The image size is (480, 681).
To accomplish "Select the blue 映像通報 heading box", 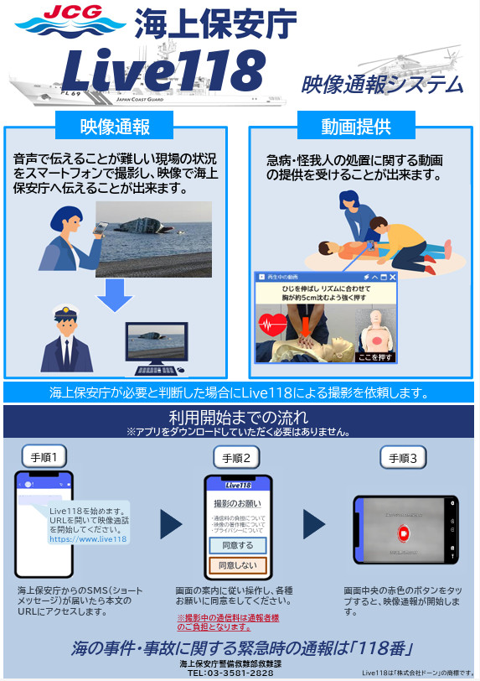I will click(114, 127).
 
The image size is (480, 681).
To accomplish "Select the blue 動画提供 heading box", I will click(356, 127).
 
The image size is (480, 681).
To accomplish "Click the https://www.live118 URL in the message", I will click(88, 539).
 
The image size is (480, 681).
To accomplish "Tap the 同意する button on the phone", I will click(237, 545).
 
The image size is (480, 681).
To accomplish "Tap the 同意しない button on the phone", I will click(237, 566).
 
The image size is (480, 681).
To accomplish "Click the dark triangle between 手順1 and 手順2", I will click(171, 525).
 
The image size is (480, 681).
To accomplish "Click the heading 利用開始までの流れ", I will click(239, 417).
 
